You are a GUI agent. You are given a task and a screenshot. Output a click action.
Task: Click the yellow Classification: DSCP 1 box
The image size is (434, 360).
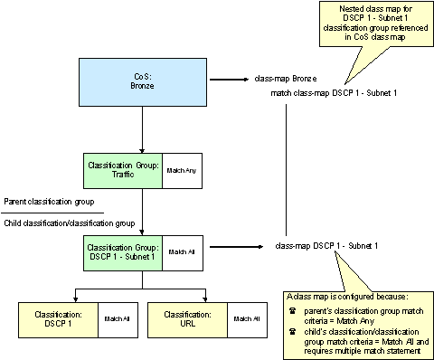click(59, 318)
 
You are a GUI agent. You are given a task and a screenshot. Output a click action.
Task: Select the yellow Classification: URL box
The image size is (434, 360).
click(189, 318)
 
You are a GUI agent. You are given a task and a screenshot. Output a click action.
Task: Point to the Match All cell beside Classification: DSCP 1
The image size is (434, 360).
click(118, 318)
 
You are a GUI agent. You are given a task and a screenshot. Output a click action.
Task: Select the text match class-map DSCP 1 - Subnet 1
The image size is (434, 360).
click(334, 94)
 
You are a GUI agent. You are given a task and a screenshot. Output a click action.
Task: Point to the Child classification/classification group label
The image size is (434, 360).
click(70, 223)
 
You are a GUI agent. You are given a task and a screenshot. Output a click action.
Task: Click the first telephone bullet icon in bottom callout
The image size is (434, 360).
click(292, 311)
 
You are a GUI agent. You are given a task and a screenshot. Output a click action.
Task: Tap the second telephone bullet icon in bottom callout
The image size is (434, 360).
click(292, 331)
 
